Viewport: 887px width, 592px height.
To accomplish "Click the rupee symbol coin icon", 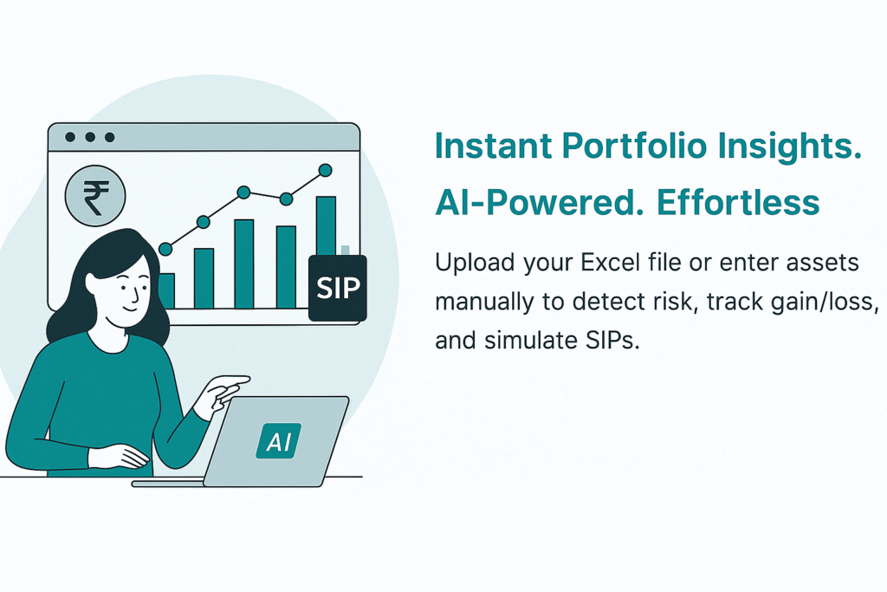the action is pyautogui.click(x=95, y=196).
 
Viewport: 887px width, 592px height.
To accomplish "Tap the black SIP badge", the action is pyautogui.click(x=338, y=288).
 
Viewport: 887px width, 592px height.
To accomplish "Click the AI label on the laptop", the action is pyautogui.click(x=278, y=440).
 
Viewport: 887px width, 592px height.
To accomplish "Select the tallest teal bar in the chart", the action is pyautogui.click(x=326, y=226).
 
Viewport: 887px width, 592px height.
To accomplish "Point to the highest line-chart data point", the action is pyautogui.click(x=326, y=170).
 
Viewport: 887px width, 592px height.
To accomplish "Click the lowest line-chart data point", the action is pyautogui.click(x=165, y=249).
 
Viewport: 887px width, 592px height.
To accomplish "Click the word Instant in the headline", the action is pyautogui.click(x=493, y=146).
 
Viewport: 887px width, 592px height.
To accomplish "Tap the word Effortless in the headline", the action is pyautogui.click(x=738, y=202).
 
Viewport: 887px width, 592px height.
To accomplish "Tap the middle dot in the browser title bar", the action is pyautogui.click(x=90, y=137).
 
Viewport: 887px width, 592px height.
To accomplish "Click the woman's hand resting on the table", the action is pyautogui.click(x=120, y=457).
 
